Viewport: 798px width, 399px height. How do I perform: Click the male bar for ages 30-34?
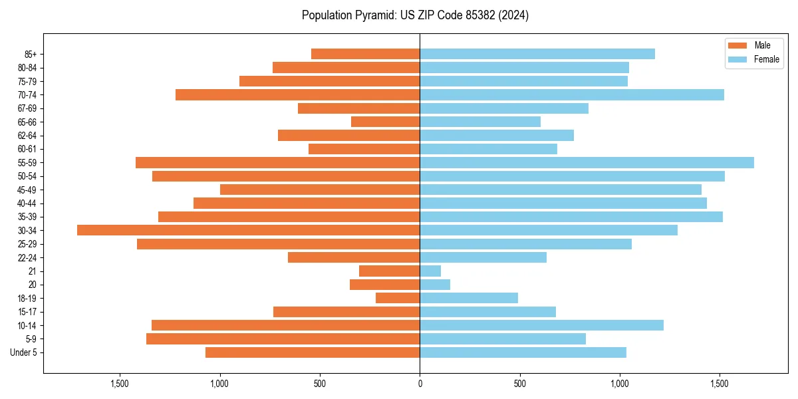click(x=248, y=230)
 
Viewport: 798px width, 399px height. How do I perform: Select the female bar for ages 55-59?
click(x=587, y=162)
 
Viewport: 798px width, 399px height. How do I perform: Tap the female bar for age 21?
click(x=430, y=271)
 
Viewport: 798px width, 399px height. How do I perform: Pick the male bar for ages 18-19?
click(x=398, y=298)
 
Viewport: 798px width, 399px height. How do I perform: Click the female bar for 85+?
click(x=537, y=54)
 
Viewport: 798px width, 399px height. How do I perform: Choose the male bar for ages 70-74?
click(x=297, y=94)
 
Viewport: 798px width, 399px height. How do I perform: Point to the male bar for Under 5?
click(x=313, y=352)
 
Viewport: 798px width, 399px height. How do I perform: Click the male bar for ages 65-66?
click(x=385, y=122)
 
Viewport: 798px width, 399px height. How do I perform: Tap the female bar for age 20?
click(x=435, y=285)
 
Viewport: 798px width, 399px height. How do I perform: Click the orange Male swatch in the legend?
click(x=737, y=45)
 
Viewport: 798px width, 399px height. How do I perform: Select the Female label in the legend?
click(x=766, y=59)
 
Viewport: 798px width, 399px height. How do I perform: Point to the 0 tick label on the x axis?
click(x=420, y=384)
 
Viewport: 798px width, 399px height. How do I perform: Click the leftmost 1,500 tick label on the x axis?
click(x=120, y=384)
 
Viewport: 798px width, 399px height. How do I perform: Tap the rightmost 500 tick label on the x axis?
click(x=520, y=384)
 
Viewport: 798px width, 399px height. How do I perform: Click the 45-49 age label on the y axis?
click(x=27, y=190)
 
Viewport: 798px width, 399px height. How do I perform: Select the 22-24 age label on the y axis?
click(x=27, y=257)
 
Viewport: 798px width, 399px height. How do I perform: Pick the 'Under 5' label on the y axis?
click(x=24, y=352)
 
